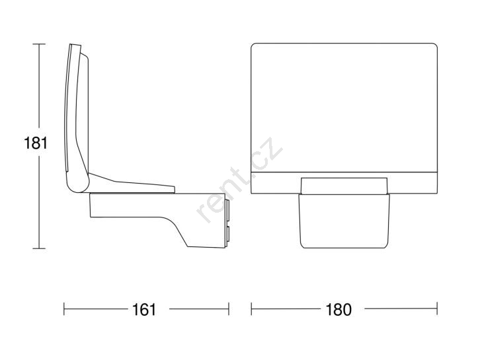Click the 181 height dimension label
(36, 143)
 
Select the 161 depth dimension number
(144, 309)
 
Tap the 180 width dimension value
(339, 309)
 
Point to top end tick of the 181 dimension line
(39, 44)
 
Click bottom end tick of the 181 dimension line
(39, 248)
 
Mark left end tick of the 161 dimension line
(64, 309)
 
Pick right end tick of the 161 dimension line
(229, 309)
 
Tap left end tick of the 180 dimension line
(251, 308)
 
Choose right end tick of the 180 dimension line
(437, 308)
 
